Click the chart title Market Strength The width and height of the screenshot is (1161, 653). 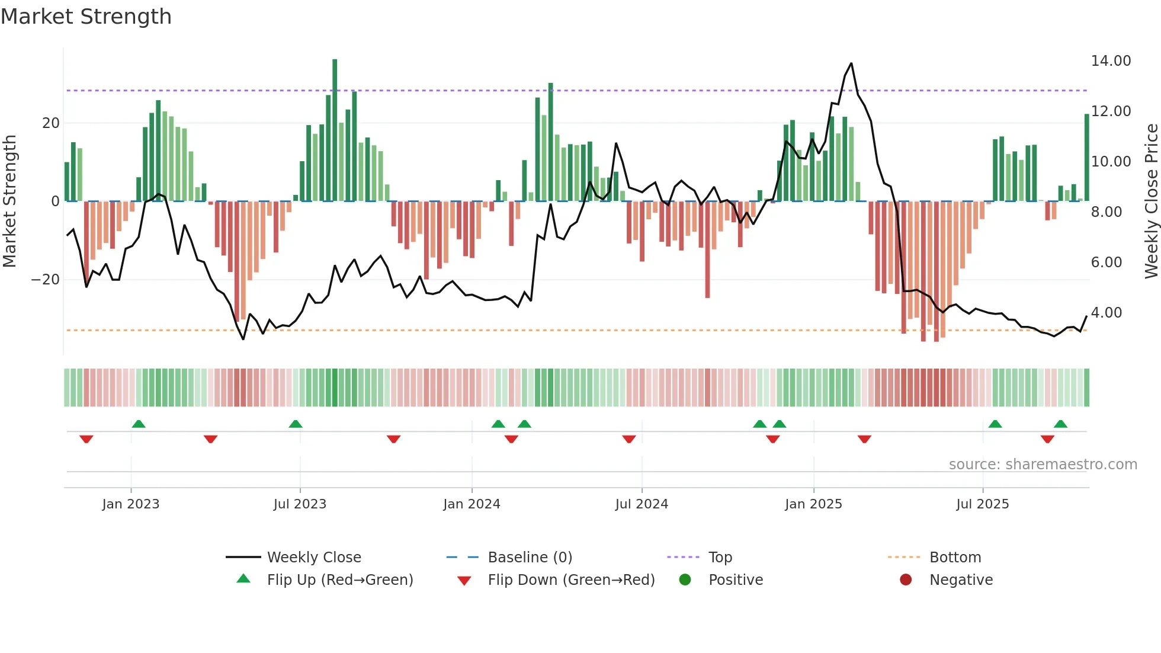tap(86, 17)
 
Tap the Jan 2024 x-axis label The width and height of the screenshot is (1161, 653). tap(472, 504)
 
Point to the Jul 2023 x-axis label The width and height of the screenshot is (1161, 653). tap(300, 504)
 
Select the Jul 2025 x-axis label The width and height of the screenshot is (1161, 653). tap(982, 504)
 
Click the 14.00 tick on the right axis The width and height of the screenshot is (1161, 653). tap(1111, 61)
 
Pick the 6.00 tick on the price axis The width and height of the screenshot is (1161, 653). tap(1106, 262)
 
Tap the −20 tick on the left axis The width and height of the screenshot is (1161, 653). tap(46, 280)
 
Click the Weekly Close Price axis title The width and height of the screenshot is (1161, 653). tap(1151, 201)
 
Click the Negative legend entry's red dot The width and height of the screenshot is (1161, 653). tap(906, 580)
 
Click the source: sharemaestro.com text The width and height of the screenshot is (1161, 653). tap(1043, 465)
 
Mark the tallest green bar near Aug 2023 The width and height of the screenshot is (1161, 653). tap(335, 130)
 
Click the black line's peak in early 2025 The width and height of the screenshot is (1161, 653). tap(851, 63)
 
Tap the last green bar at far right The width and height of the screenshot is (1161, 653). tap(1086, 157)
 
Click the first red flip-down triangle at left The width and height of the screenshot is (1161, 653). tap(86, 439)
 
